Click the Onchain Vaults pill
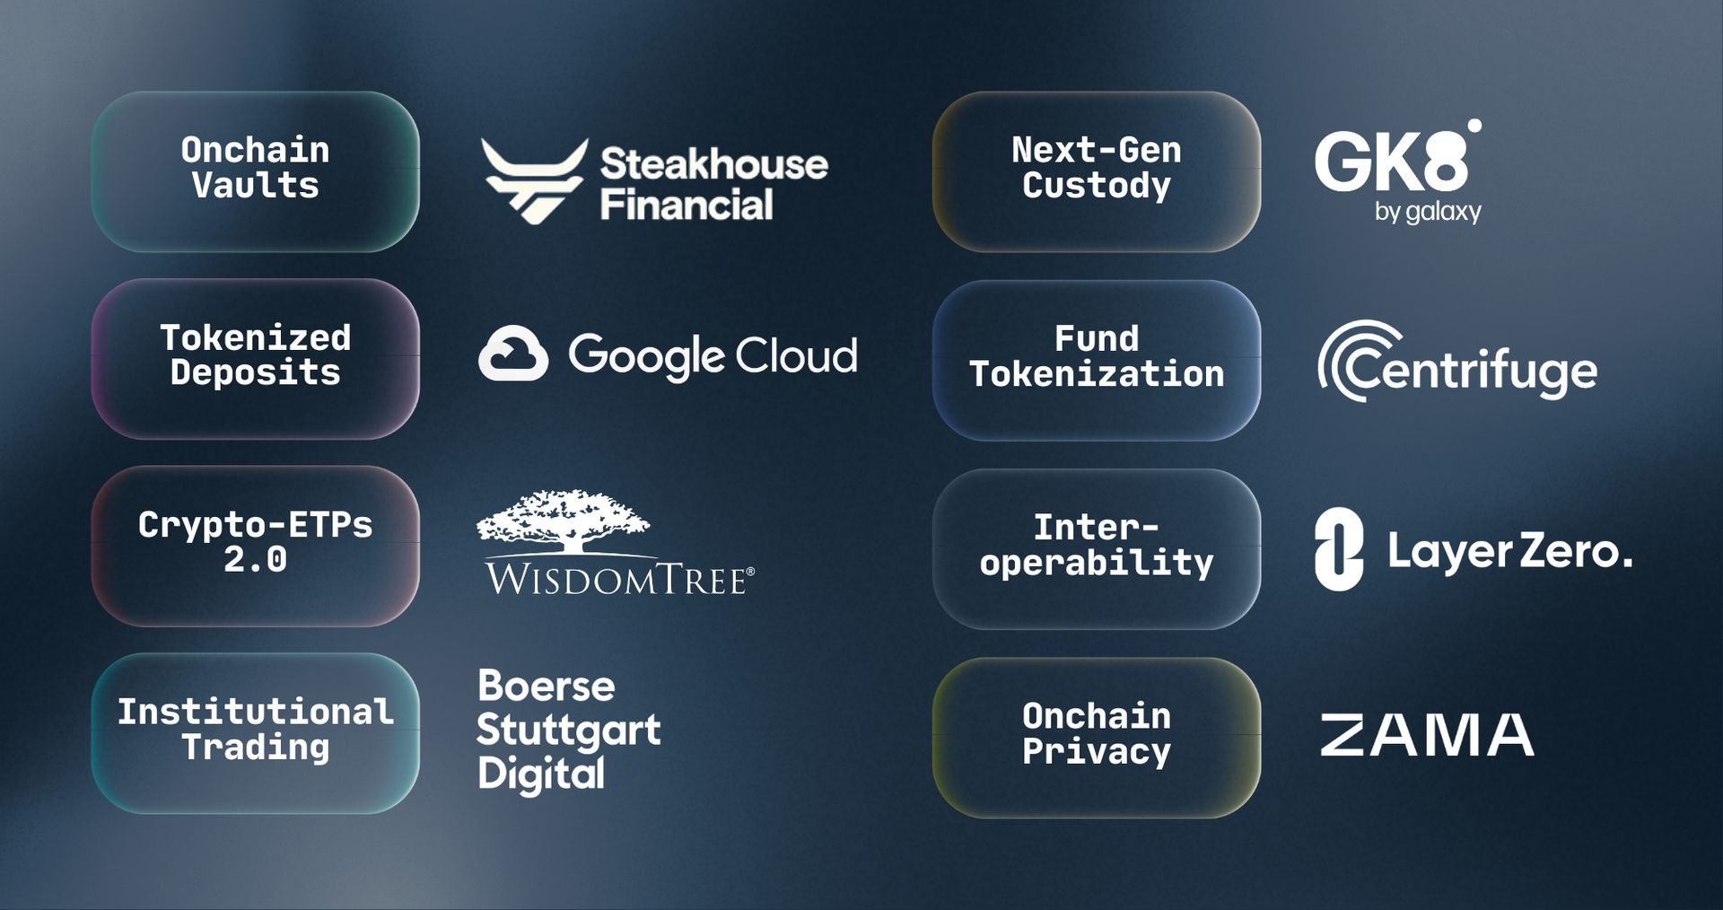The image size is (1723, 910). click(255, 171)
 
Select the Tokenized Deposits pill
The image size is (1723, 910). click(255, 358)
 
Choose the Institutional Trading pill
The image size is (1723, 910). click(255, 732)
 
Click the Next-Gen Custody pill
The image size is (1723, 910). click(1096, 171)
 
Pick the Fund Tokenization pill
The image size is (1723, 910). click(1096, 359)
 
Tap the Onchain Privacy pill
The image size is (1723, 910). click(1096, 736)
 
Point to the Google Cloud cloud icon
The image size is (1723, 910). click(513, 354)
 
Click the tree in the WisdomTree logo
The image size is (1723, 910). click(564, 520)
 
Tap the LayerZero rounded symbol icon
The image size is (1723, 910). click(1338, 548)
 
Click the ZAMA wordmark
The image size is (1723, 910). click(1426, 734)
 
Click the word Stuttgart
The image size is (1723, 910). click(568, 731)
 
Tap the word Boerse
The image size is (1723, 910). click(546, 687)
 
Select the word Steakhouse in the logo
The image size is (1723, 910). click(713, 164)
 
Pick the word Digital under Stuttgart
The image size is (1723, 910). click(541, 774)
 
